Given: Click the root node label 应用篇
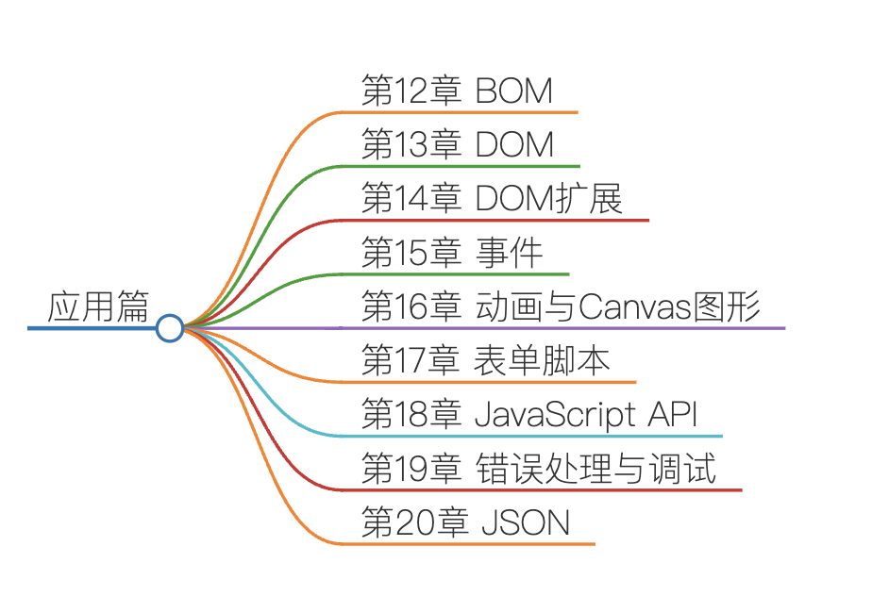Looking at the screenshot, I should tap(98, 307).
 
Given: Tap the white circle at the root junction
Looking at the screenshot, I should tap(169, 328).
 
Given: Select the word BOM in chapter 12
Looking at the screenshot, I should tap(513, 91).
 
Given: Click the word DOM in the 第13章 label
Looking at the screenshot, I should tap(514, 145).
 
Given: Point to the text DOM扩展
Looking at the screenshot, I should tap(548, 199).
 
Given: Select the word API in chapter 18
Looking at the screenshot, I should tap(672, 415).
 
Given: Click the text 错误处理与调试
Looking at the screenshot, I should tap(595, 469).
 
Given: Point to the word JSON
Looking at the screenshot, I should tap(526, 523).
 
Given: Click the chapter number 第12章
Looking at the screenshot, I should tap(411, 91).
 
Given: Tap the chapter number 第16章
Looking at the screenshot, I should tap(411, 307).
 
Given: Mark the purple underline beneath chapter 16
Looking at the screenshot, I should tap(566, 328).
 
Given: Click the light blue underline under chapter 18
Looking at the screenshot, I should tap(538, 437).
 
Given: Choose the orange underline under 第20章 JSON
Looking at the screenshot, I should tap(472, 544).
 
